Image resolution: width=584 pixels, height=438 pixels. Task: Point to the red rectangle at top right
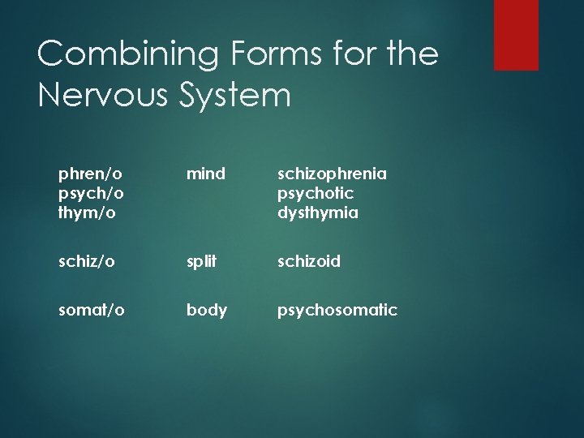[x=516, y=34]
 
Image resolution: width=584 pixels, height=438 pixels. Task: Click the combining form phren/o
[x=89, y=174]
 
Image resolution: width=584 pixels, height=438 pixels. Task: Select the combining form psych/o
[x=90, y=194]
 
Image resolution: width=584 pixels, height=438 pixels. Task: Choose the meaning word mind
[x=206, y=174]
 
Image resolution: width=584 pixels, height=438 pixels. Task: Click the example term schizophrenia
[x=333, y=174]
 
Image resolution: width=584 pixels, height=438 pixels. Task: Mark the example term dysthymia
[x=318, y=213]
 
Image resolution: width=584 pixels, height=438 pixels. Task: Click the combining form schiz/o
[x=86, y=261]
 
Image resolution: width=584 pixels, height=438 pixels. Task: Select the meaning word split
[x=203, y=261]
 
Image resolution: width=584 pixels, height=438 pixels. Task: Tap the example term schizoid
[x=309, y=261]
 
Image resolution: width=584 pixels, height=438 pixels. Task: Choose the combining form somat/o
[x=92, y=309]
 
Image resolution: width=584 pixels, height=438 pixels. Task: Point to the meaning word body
[x=207, y=309]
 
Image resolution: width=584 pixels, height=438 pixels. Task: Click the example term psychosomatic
[x=337, y=309]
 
